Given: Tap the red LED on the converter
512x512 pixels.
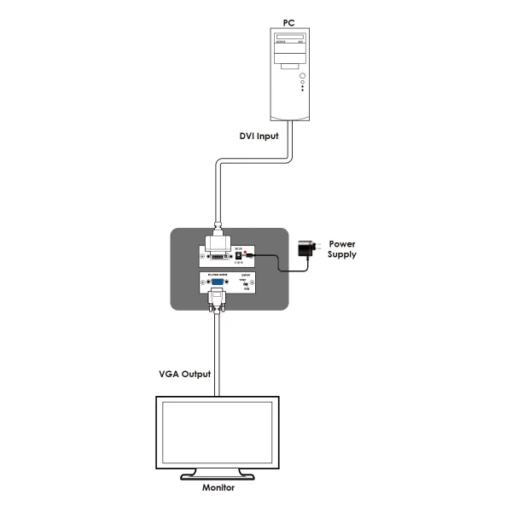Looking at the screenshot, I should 247,253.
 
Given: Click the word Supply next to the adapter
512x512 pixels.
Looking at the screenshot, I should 342,254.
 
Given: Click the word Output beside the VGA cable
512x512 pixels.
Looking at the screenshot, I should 197,374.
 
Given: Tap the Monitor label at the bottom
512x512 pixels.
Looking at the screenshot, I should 218,488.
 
